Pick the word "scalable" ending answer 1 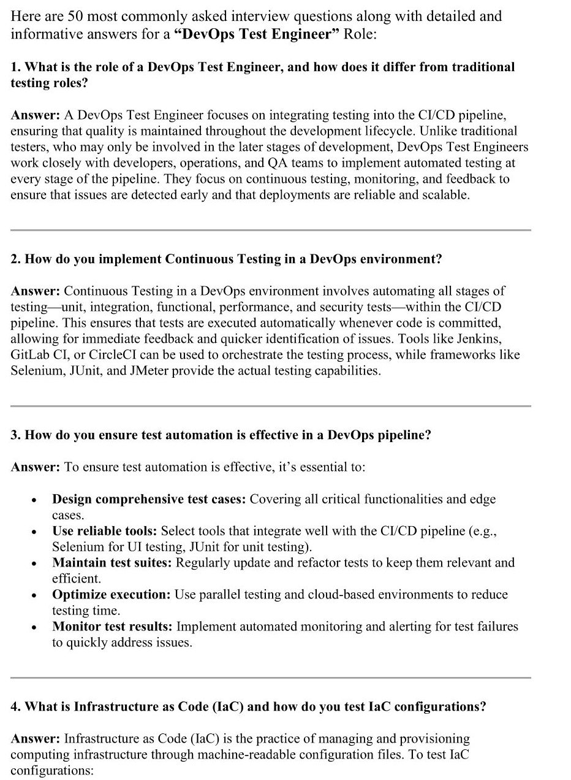(444, 195)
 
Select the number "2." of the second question (16, 259)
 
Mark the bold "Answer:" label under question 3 (36, 467)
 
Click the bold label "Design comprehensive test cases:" (149, 499)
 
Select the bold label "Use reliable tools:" (105, 531)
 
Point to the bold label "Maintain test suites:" (112, 563)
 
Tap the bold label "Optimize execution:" (112, 595)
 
